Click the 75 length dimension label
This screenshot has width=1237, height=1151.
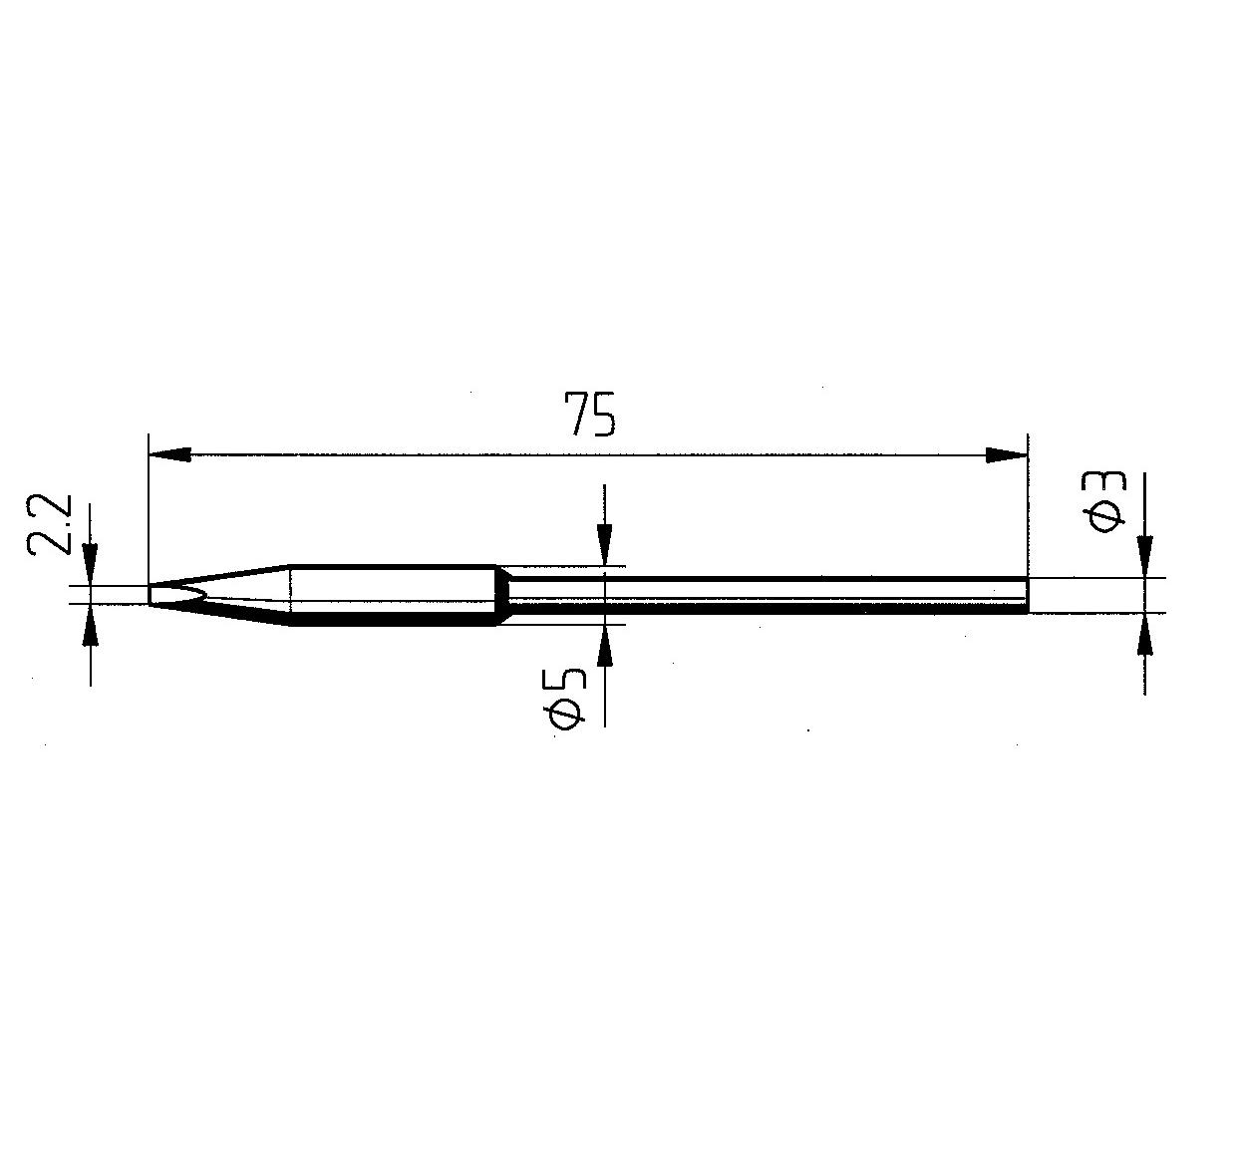coord(590,415)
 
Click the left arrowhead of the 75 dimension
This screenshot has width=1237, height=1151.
coord(170,454)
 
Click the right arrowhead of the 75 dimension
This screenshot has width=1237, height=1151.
coord(1007,454)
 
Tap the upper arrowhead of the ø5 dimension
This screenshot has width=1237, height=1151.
coord(604,545)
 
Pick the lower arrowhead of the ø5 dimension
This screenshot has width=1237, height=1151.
coord(605,646)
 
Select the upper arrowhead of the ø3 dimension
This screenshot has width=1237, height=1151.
coord(1145,557)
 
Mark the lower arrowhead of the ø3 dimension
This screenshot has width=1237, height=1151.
coord(1145,634)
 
